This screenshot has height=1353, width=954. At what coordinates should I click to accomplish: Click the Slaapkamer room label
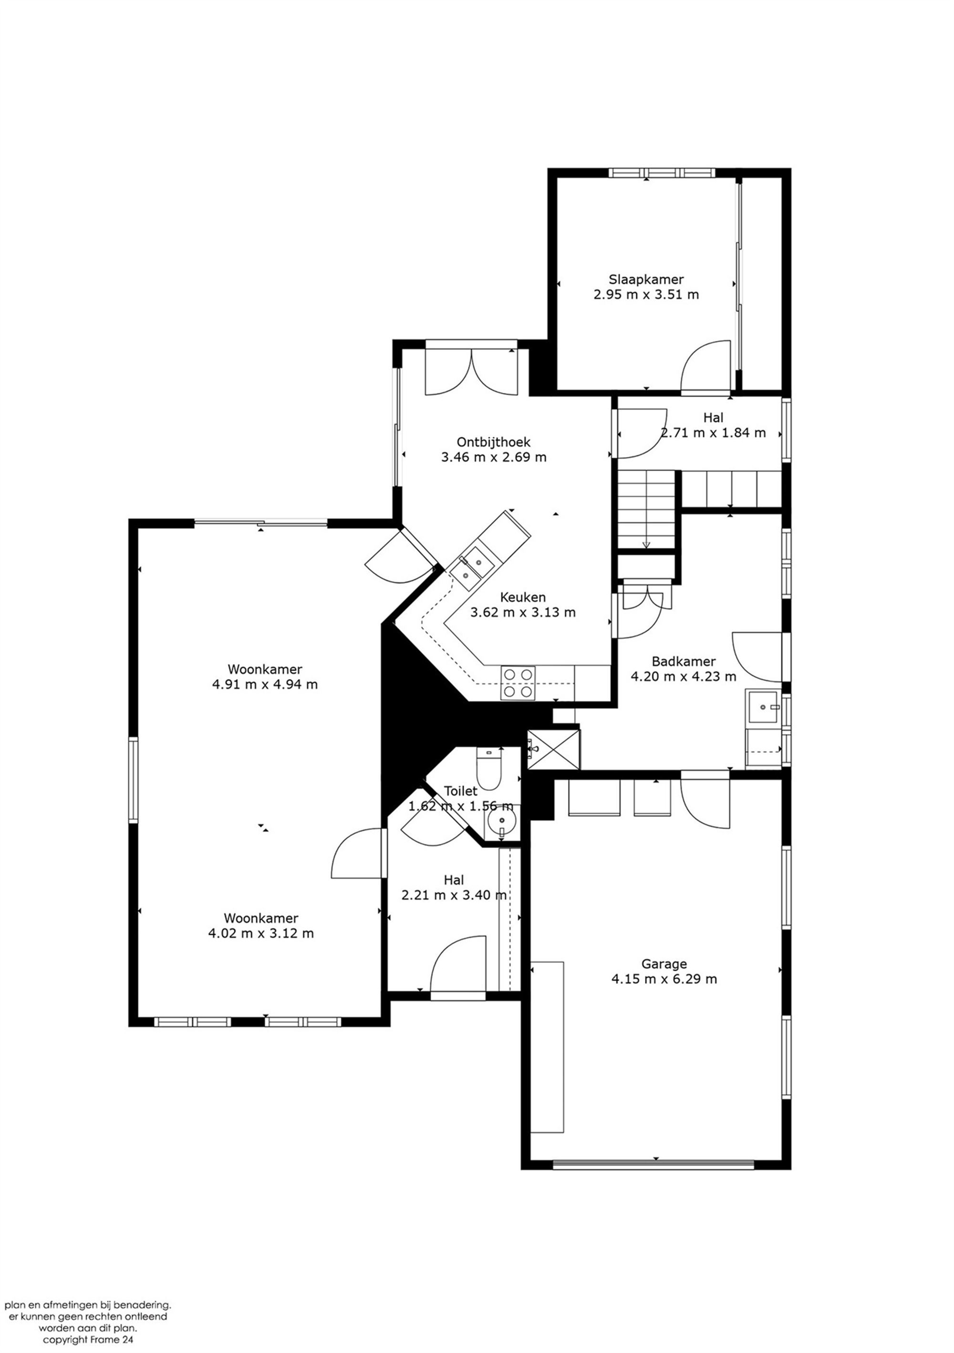pyautogui.click(x=646, y=279)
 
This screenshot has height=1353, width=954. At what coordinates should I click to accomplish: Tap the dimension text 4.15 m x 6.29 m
pyautogui.click(x=664, y=979)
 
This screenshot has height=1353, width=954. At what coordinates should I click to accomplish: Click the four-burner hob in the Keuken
pyautogui.click(x=518, y=682)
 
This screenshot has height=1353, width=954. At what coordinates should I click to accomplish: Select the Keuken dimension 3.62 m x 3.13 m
pyautogui.click(x=522, y=612)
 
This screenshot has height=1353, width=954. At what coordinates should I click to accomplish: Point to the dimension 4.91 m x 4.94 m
pyautogui.click(x=265, y=685)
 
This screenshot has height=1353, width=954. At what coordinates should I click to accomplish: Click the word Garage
pyautogui.click(x=664, y=964)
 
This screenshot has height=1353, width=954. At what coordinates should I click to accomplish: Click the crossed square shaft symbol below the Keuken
pyautogui.click(x=554, y=749)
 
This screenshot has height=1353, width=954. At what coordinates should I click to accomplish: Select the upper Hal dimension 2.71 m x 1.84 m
pyautogui.click(x=712, y=432)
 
